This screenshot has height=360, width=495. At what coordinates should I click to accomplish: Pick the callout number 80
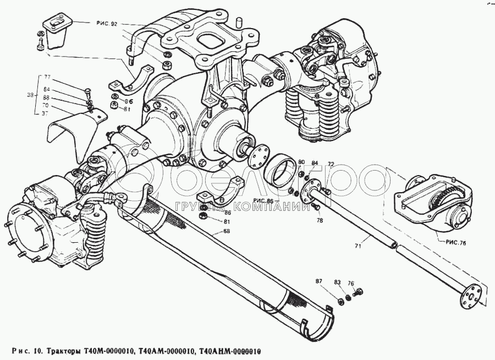click(x=301, y=161)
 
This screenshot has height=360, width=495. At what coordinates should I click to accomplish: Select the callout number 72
click(x=331, y=165)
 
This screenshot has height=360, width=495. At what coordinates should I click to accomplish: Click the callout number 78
click(x=320, y=220)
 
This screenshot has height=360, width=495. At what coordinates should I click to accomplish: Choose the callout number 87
click(x=318, y=281)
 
